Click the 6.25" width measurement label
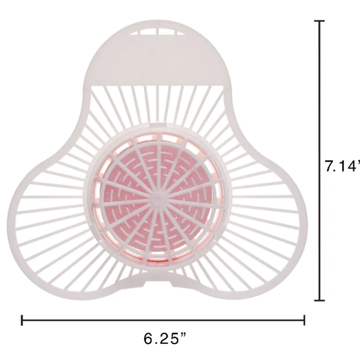click(165, 338)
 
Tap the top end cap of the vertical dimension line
click(319, 21)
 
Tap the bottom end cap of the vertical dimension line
click(319, 300)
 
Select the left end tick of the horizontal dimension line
click(22, 320)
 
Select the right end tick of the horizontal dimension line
click(304, 320)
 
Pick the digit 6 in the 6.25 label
click(148, 338)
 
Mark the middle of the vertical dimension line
click(319, 161)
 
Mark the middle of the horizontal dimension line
click(163, 320)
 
